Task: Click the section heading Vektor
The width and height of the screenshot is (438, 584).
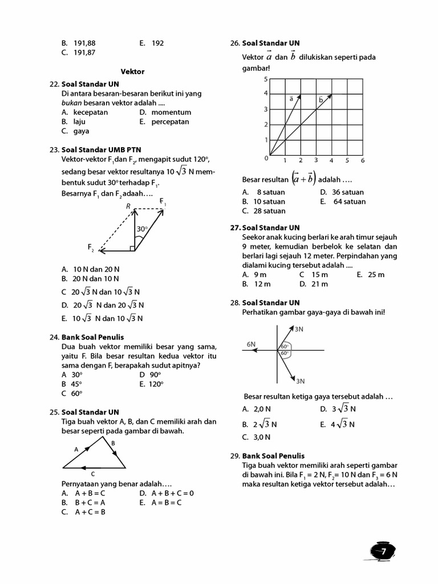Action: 132,72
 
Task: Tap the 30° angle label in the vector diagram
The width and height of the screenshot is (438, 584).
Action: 142,229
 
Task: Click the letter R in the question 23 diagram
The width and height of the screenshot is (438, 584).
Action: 129,206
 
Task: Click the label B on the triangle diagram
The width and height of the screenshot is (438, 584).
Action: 113,443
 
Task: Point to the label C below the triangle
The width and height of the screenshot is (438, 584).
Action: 92,474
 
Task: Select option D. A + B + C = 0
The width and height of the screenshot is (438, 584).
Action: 167,493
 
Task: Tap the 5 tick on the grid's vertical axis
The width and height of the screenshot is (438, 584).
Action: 265,79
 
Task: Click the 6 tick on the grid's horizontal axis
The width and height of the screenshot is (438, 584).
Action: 362,161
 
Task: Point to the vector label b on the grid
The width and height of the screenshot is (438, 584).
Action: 321,100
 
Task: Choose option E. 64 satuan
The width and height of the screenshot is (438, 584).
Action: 343,201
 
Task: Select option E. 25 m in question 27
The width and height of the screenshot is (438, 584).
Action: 371,274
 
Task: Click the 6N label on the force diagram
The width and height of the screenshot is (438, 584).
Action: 251,344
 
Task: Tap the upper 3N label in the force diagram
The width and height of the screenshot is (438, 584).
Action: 299,329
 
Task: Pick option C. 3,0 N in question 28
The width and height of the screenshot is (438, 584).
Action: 256,437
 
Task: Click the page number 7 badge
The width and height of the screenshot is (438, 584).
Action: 383,551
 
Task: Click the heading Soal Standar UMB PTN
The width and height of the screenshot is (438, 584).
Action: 101,150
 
